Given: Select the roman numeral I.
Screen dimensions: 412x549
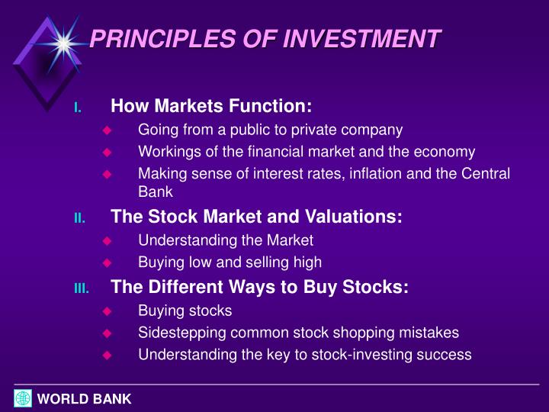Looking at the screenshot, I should coord(77,108).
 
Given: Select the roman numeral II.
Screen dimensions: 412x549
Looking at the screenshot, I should coord(79,219).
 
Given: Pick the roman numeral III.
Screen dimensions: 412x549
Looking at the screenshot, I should coord(81,289).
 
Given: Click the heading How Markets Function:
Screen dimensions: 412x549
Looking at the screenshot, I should coord(211,105).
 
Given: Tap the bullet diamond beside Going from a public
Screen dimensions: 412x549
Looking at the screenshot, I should coord(107,130).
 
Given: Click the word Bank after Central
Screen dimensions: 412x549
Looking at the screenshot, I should coord(156,193).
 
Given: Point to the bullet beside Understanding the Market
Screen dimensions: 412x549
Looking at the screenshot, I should coord(107,241).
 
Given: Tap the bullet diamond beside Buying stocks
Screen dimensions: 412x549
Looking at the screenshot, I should coord(107,311).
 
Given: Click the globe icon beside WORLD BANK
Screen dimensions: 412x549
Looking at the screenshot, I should coord(23,398).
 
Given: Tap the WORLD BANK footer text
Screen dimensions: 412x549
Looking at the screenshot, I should coord(85,399).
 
